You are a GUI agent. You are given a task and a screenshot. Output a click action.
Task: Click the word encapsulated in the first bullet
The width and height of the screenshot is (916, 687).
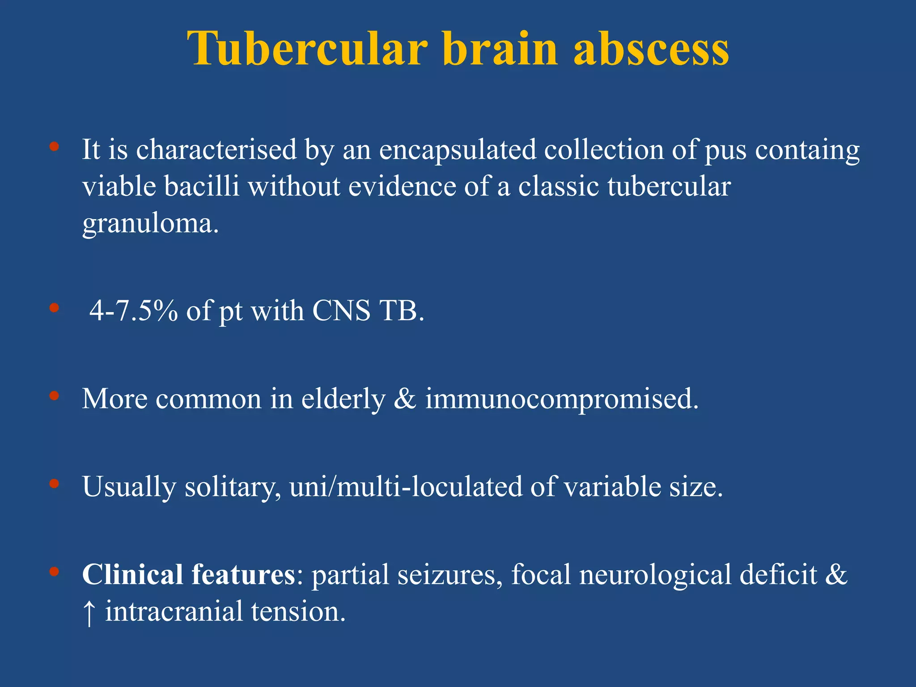click(458, 150)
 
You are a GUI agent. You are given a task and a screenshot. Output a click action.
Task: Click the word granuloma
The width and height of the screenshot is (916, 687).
click(150, 224)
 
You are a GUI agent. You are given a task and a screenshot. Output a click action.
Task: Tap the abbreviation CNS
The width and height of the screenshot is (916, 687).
click(341, 310)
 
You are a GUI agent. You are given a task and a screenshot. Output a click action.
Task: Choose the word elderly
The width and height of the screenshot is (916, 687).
click(343, 399)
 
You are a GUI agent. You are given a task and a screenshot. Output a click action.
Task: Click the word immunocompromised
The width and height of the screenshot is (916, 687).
click(561, 399)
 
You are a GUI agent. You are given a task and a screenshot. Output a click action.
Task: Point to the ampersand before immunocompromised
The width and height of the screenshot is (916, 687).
click(405, 399)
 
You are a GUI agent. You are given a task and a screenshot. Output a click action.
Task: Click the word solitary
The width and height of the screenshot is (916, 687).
click(233, 487)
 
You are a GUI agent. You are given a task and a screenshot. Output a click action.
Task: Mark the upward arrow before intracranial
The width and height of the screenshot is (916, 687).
click(89, 612)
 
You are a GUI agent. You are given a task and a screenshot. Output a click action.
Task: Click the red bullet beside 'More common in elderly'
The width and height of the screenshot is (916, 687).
click(54, 396)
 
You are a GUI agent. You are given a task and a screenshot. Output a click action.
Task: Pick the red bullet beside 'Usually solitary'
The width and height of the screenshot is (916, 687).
click(54, 483)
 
